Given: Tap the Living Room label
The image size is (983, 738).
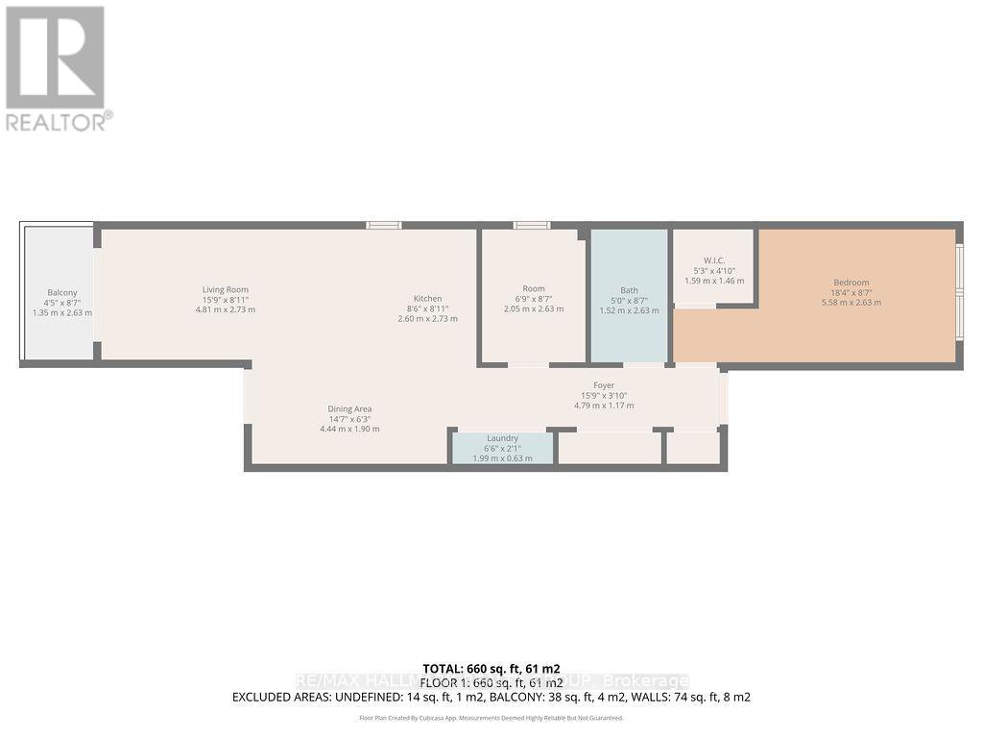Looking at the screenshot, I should [x=226, y=289].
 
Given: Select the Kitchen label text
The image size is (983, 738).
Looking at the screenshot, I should [x=427, y=298].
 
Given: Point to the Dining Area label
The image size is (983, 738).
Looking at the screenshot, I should [x=349, y=408].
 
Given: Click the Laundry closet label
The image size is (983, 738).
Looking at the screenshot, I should [x=502, y=438].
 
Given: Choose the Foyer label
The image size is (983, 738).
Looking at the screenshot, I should [x=603, y=385].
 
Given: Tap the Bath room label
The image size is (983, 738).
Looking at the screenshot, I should [x=629, y=289].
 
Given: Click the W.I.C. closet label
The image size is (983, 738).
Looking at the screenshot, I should [x=713, y=259].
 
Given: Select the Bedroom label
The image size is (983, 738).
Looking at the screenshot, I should [x=851, y=283].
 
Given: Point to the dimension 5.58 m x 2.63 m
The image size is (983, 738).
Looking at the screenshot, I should [x=851, y=303].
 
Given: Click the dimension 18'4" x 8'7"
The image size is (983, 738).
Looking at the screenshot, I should [x=851, y=293].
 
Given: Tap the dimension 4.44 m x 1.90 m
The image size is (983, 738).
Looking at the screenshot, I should [x=349, y=429].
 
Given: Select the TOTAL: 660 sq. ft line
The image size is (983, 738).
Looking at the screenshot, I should [x=491, y=668].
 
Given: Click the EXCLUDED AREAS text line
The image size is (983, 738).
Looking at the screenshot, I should [x=491, y=697].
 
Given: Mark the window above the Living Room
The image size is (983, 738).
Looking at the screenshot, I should [x=384, y=225].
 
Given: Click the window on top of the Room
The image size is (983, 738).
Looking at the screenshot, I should [x=531, y=225].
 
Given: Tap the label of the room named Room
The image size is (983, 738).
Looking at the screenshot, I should [x=534, y=288].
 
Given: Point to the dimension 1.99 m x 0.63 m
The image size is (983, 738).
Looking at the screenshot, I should [x=502, y=458].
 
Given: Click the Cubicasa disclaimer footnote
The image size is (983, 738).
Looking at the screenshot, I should [x=491, y=718].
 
